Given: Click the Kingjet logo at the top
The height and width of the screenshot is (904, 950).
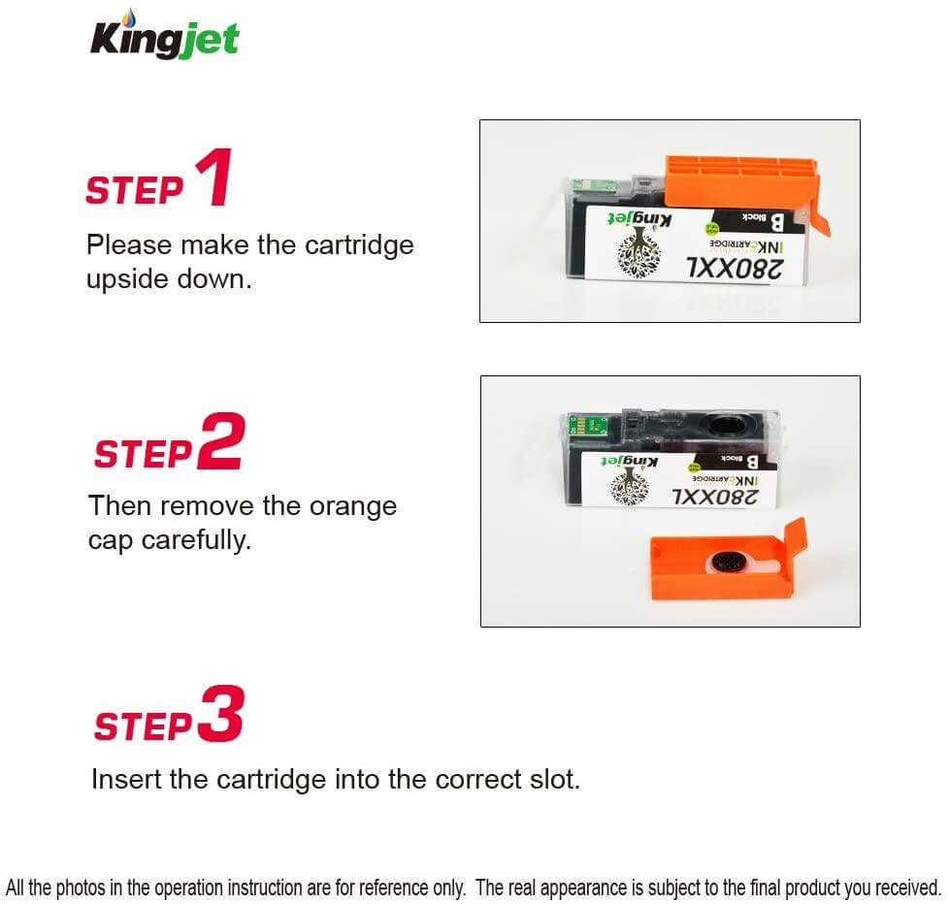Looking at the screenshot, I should (164, 38).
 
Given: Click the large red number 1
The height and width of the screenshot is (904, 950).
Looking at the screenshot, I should (213, 178).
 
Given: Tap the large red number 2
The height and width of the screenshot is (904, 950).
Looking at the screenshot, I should (220, 443).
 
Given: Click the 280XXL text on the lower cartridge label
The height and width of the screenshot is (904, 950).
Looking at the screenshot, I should (718, 497).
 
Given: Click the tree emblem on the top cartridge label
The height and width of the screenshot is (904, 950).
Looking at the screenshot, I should (633, 247).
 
